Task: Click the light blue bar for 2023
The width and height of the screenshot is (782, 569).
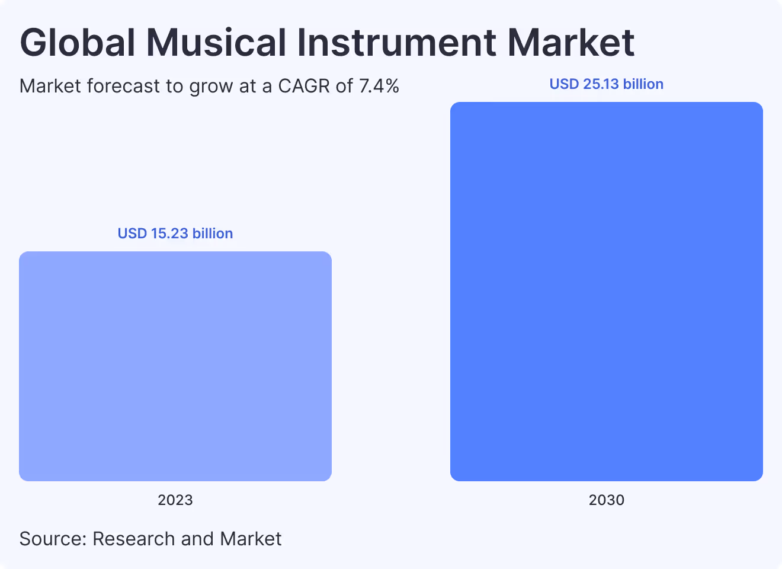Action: coord(175,366)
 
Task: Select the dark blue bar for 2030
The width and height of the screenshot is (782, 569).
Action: coord(606,292)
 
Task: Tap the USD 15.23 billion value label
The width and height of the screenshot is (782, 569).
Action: coord(175,234)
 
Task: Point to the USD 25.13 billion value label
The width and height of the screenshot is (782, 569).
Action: coord(606,84)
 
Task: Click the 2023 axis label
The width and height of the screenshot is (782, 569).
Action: coord(175,500)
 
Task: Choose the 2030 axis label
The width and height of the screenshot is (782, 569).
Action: coord(606,500)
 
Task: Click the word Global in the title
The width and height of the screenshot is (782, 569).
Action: coord(78,43)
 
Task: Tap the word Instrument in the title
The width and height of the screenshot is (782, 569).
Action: coord(396,43)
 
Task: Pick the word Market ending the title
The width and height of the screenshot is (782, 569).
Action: coord(571,43)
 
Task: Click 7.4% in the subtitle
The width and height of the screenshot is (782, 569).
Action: coord(379,87)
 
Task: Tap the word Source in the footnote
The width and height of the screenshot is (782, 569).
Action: coord(53,539)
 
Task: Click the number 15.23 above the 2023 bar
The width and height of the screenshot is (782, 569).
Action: coord(169,234)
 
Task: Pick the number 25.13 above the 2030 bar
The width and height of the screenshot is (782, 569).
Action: coord(601,84)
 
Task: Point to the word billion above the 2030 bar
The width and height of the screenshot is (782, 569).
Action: coord(643,84)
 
